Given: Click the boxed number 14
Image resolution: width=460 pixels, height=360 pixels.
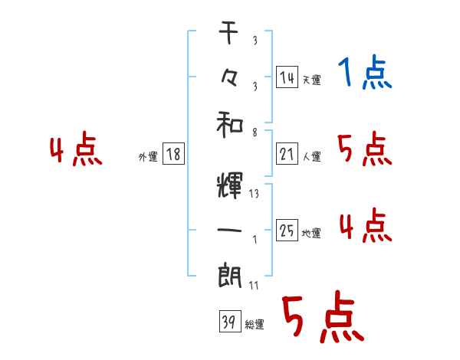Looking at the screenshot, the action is click(x=287, y=77).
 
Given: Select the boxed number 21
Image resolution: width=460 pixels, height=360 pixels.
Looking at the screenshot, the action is click(x=287, y=155).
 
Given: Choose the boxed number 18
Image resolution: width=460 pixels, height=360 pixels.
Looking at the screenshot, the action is click(x=173, y=155).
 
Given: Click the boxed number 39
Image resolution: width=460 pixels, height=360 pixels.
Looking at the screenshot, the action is click(x=227, y=322).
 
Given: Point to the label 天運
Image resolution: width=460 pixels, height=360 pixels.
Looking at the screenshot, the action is click(x=311, y=80).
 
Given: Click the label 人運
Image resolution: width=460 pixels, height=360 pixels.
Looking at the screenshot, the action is click(x=311, y=157).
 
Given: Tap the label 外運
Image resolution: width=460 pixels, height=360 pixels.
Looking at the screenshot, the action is click(x=147, y=157).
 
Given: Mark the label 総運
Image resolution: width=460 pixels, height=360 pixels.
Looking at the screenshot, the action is click(x=255, y=325).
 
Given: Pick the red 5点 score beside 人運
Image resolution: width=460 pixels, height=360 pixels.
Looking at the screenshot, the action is click(x=365, y=149).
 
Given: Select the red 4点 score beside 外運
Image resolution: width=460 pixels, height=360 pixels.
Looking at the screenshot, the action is click(x=76, y=150).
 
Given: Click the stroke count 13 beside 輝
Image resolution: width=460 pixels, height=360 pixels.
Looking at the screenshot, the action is click(x=254, y=194).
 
